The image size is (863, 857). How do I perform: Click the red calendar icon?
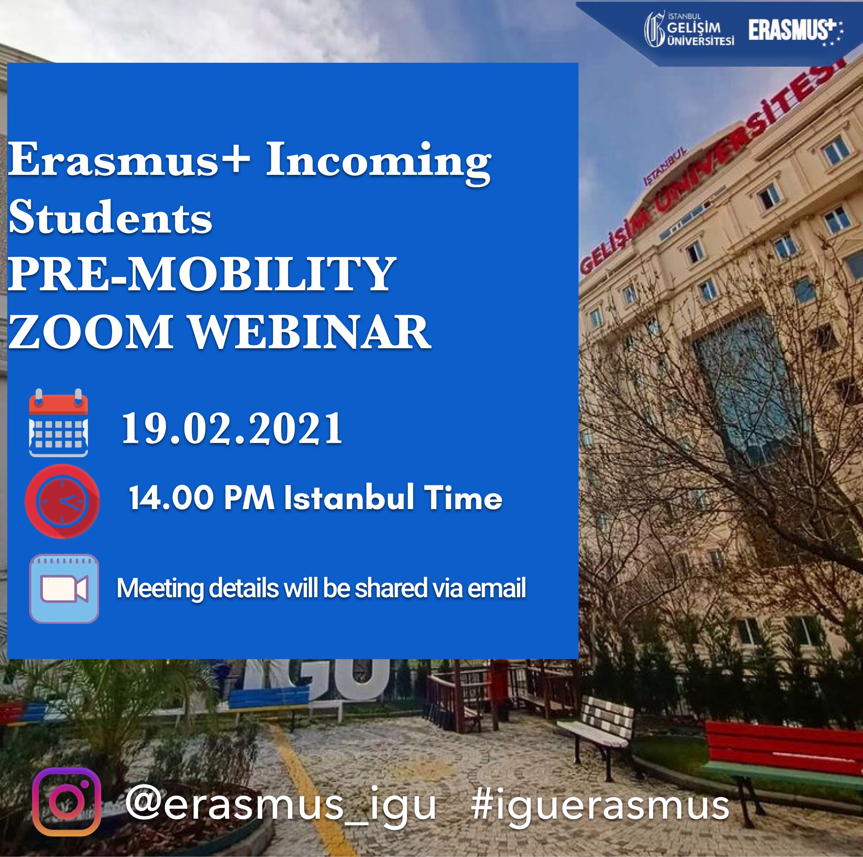point(58,423)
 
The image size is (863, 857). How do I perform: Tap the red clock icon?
point(62,501)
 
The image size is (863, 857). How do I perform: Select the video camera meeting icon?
point(64,589)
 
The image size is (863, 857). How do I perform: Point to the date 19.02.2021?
point(232,428)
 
